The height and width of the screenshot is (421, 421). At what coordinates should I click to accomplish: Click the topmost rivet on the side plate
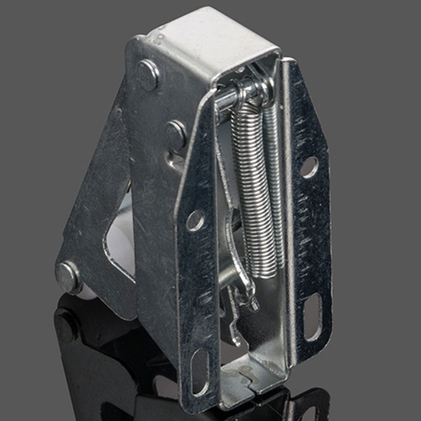(148, 75)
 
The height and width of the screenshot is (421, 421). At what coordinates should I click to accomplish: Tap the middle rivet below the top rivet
(176, 134)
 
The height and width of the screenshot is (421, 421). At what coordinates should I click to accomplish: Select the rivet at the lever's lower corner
(67, 277)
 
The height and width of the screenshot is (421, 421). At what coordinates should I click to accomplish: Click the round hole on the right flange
(309, 167)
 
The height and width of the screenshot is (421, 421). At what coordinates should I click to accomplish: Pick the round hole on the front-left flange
(195, 220)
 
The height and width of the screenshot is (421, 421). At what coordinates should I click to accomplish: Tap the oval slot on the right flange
(313, 317)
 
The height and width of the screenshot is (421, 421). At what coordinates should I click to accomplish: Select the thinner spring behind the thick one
(274, 177)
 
